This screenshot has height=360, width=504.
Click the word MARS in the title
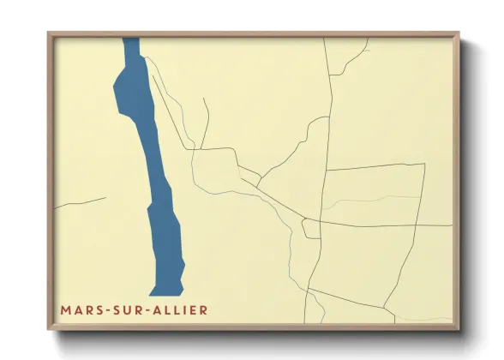click(78, 309)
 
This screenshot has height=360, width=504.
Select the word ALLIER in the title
click(177, 309)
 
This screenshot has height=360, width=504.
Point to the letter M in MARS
click(65, 309)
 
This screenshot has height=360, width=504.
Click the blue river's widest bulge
click(129, 86)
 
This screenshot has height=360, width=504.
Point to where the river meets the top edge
click(130, 39)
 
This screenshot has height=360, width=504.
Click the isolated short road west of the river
click(81, 203)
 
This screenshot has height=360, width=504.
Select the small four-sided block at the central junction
click(311, 229)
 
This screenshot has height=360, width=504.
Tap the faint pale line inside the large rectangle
click(369, 201)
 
